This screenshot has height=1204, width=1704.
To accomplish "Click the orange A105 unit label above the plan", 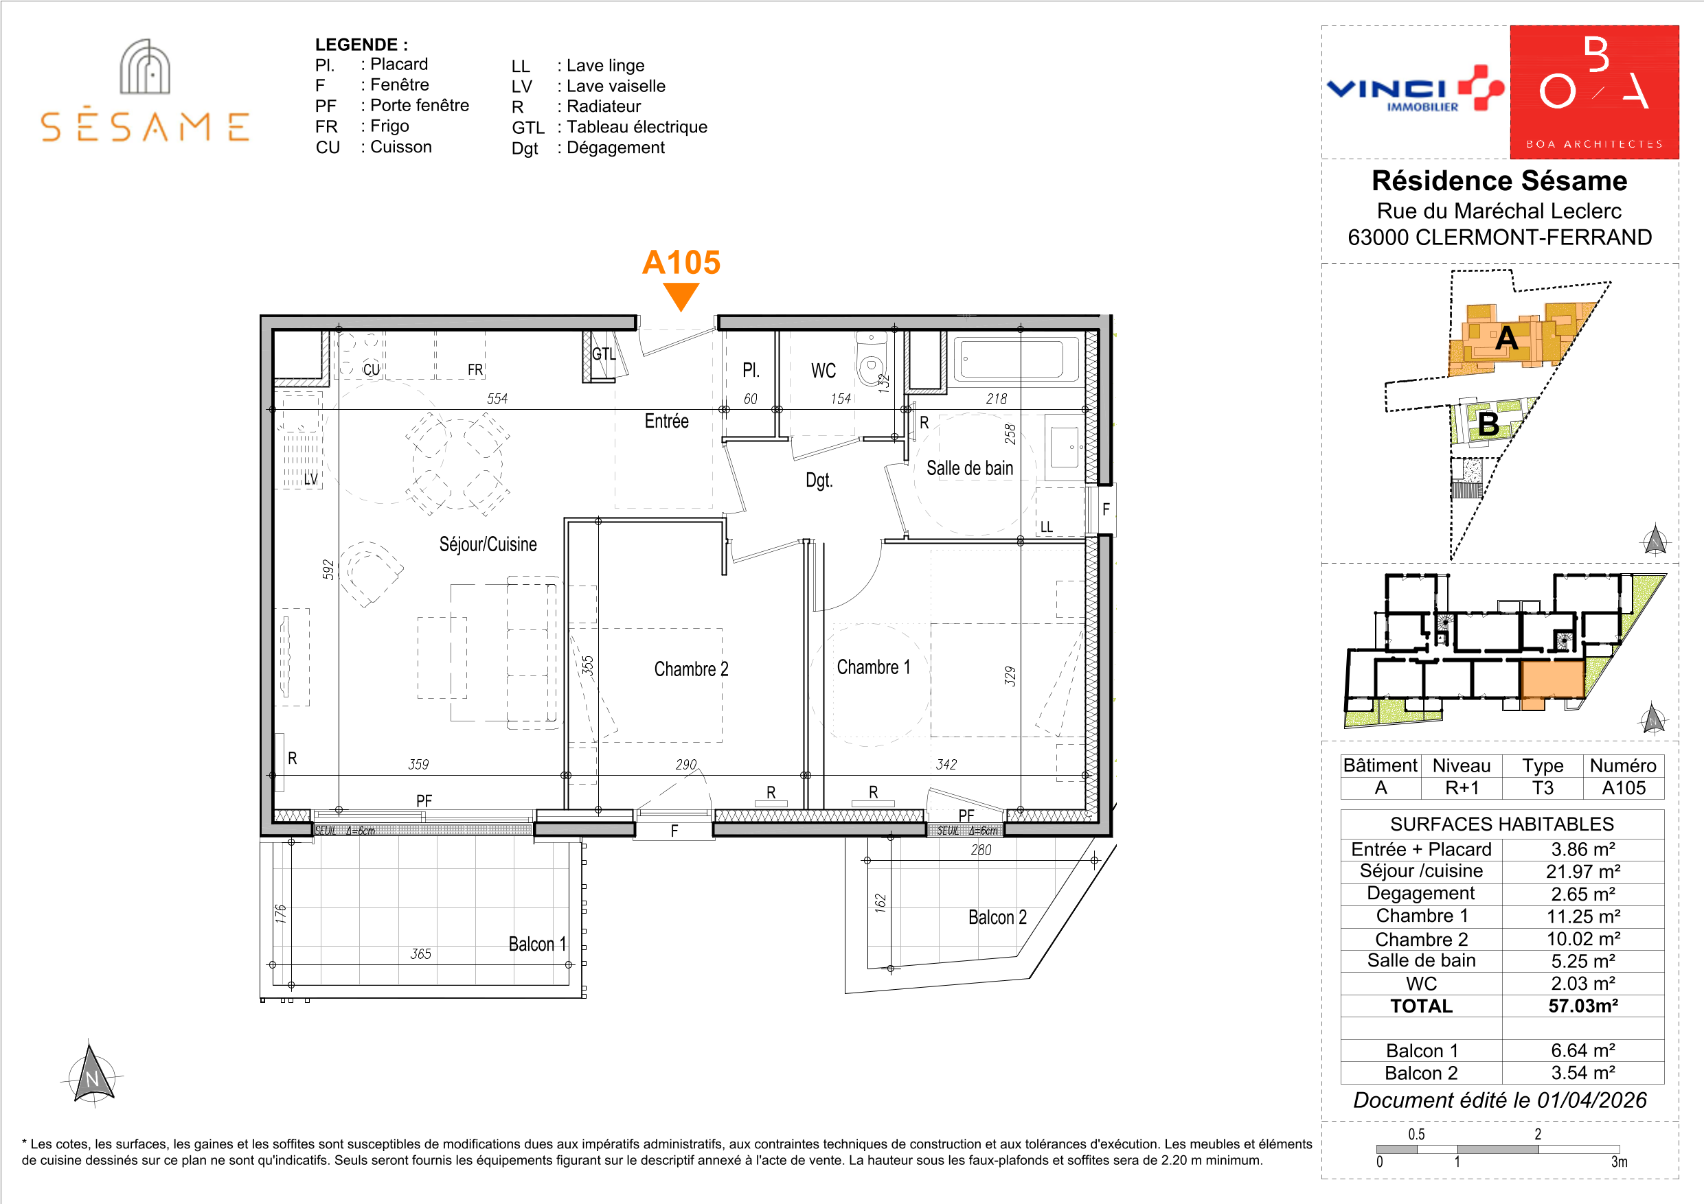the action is (681, 263).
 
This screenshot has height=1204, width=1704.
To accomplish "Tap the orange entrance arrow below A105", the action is (681, 297).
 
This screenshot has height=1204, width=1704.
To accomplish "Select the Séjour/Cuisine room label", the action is (488, 544).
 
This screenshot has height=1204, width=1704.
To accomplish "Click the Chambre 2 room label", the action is (691, 669).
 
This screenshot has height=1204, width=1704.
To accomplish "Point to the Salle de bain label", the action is (969, 468).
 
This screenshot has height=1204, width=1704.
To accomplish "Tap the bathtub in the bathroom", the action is (1016, 360).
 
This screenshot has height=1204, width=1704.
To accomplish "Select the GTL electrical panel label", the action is (604, 354).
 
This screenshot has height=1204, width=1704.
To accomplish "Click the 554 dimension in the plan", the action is (497, 398).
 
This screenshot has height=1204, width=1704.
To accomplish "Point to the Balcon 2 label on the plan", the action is (997, 918).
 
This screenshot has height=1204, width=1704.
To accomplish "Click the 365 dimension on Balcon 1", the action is (421, 954).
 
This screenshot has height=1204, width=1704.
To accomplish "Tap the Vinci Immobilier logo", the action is (1416, 90).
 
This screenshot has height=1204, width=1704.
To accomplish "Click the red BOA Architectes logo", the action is (1594, 92).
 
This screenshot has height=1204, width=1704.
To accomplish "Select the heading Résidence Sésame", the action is (1499, 181).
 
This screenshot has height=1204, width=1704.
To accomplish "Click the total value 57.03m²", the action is (1583, 1006).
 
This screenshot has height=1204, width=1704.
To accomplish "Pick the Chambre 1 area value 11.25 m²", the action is (1583, 916).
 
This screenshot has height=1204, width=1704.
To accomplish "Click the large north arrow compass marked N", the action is (92, 1074).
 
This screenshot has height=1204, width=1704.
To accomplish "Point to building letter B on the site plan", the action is (1488, 424).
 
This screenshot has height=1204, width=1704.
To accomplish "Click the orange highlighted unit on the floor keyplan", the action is (1553, 681).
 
